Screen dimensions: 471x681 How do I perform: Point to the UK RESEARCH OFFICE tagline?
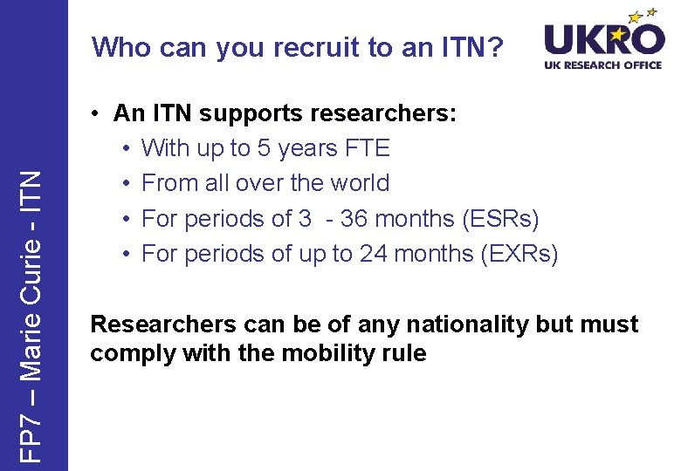[x=603, y=65]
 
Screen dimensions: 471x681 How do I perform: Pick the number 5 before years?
[x=263, y=148]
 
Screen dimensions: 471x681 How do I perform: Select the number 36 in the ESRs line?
[x=354, y=218]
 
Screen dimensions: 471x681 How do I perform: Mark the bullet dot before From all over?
[x=127, y=184]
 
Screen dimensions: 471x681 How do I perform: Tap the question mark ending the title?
[x=496, y=48]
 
